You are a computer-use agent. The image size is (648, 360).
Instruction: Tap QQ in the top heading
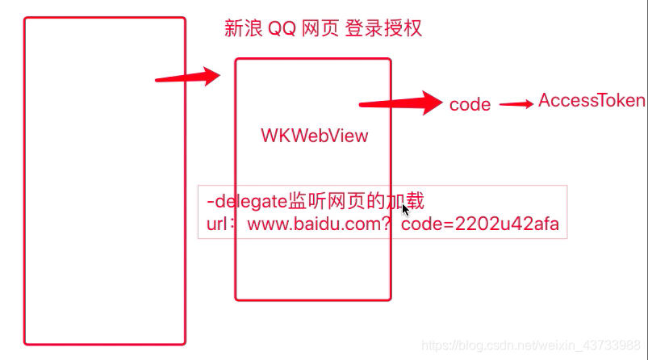tap(280, 29)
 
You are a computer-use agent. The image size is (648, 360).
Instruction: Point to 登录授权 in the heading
tap(383, 29)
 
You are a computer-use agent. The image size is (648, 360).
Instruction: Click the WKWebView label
tap(314, 136)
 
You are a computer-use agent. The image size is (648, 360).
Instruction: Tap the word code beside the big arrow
tap(470, 104)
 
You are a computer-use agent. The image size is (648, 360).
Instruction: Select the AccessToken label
tap(592, 101)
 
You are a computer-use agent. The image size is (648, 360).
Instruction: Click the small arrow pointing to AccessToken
tap(516, 103)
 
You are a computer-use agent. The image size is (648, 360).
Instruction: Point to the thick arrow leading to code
tap(400, 103)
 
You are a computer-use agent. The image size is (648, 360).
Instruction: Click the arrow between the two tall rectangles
tap(187, 77)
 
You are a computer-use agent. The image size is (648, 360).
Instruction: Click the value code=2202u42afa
tap(479, 224)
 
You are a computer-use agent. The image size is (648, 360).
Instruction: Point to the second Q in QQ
tap(287, 29)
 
